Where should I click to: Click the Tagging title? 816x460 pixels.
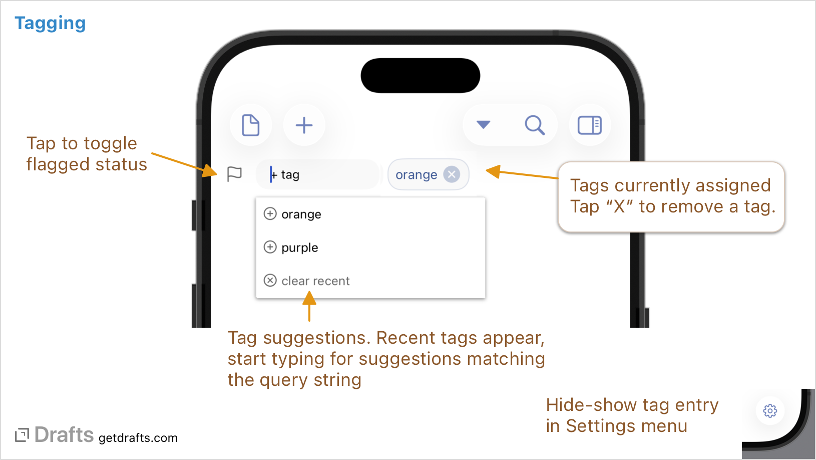50,23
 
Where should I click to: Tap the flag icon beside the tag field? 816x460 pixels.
234,174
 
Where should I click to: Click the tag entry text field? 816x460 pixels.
320,174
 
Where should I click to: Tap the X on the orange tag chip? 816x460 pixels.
452,174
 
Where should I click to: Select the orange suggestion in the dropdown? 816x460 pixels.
301,214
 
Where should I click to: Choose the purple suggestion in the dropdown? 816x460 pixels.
299,248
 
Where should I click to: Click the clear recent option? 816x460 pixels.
315,281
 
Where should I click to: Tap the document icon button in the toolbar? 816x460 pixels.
251,125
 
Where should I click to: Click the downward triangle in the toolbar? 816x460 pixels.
483,124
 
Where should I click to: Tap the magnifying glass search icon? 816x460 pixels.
534,125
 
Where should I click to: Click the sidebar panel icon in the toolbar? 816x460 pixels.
590,125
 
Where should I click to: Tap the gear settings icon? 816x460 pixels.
770,411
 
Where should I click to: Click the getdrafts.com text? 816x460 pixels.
138,438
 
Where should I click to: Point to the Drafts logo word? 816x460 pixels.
64,435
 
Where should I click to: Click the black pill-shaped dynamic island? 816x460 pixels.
421,76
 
